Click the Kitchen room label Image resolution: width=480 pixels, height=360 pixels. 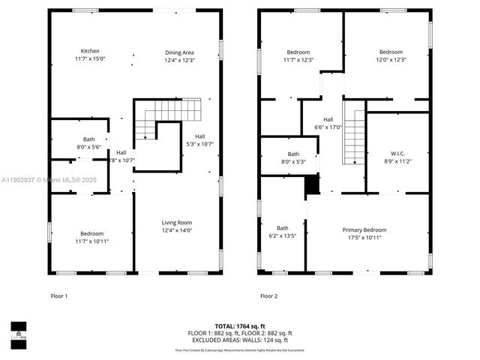coord(89,51)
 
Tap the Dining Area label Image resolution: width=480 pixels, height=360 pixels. coord(179,52)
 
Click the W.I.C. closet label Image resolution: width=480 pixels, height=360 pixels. coord(397,151)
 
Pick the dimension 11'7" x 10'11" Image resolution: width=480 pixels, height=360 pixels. coord(89,241)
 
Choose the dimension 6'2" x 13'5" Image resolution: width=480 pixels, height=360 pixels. coord(283,235)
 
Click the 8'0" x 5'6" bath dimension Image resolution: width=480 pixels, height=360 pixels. coord(89,147)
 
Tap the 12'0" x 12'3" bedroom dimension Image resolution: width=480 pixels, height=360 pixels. coord(390,60)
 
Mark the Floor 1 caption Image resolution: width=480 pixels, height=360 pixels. coord(59,296)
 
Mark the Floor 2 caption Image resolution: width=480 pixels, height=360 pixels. coord(268,296)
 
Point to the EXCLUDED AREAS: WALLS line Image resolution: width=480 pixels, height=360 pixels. coord(240,340)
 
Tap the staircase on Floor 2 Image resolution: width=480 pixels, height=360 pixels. coord(353,135)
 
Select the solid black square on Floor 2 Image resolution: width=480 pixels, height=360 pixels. coord(312,184)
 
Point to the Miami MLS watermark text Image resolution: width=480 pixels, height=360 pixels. coord(34,180)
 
